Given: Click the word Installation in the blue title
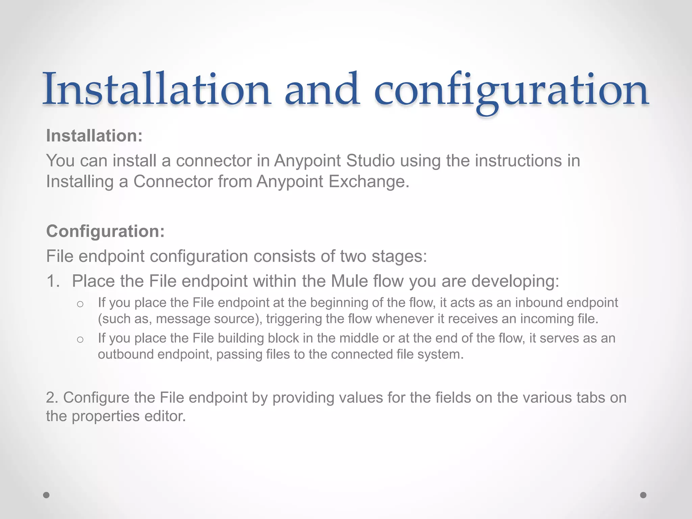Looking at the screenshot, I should click(x=156, y=90).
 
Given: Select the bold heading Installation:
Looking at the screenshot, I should click(x=94, y=136).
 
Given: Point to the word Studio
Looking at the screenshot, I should click(x=371, y=160).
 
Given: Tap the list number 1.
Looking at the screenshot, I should click(x=53, y=281).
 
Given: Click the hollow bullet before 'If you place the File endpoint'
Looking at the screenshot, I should click(x=80, y=304).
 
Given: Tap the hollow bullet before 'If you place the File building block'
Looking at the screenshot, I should click(x=80, y=339).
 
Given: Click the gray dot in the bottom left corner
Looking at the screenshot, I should click(x=46, y=495).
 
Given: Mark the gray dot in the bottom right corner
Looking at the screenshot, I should click(x=643, y=495).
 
